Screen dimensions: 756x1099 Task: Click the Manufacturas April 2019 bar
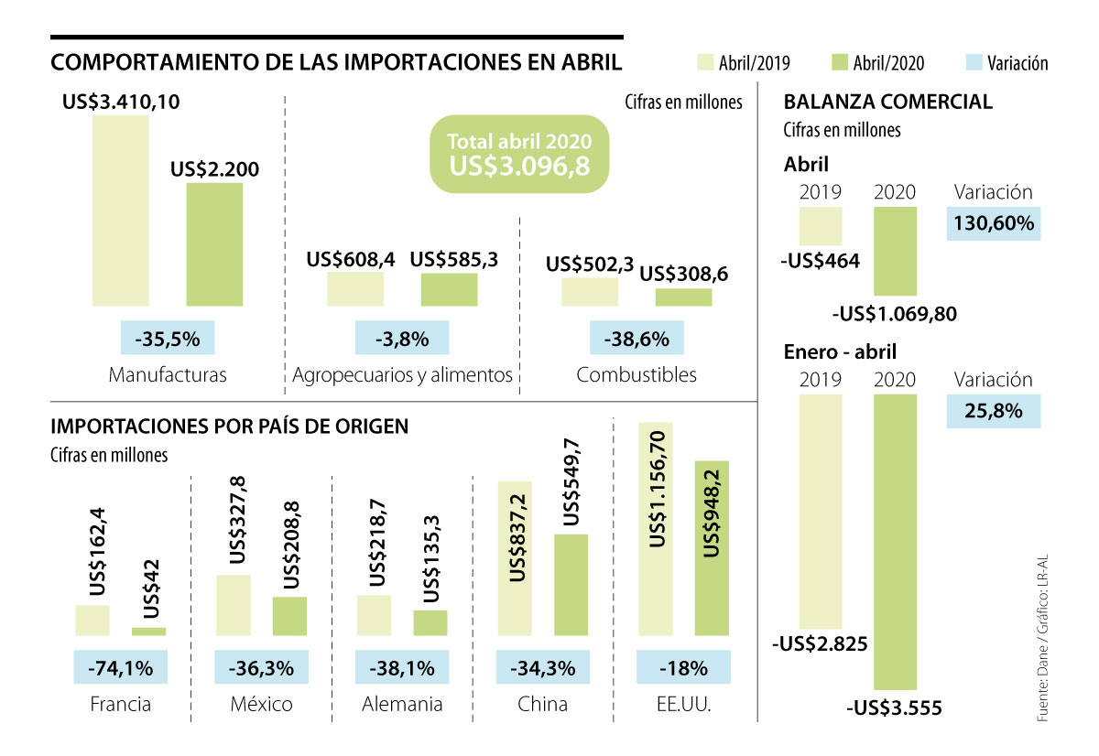[x=120, y=211]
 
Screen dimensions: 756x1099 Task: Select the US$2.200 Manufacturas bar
[x=215, y=244]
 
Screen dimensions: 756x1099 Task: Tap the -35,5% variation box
[x=168, y=339]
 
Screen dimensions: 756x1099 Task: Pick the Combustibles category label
[x=637, y=375]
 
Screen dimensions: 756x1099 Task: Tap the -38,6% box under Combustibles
[x=637, y=339]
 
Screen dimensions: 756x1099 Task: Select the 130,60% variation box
[x=994, y=223]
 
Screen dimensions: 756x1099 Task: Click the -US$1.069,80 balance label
[x=895, y=314]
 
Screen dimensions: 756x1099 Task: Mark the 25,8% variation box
[x=994, y=411]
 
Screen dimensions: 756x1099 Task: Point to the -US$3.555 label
[x=895, y=707]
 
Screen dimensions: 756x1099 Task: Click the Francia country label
[x=121, y=705]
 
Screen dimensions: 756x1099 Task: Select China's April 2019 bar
[x=515, y=557]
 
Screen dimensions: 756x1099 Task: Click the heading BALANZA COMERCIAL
[x=887, y=102]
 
